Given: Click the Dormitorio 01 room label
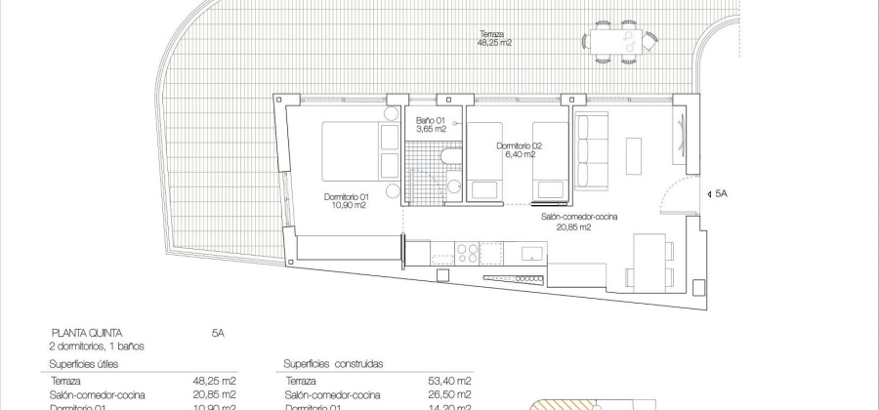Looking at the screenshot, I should point(346,201).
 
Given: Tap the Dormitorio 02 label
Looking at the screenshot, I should point(518,149).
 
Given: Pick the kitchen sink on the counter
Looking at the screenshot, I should point(531,253).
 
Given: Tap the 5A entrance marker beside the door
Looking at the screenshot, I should point(721,194).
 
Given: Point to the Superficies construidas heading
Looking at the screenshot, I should point(333,363).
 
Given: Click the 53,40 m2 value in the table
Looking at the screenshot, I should point(452,381).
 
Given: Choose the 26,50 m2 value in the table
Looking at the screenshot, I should point(452,394).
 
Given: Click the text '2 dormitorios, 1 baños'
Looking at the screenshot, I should point(104,346).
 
